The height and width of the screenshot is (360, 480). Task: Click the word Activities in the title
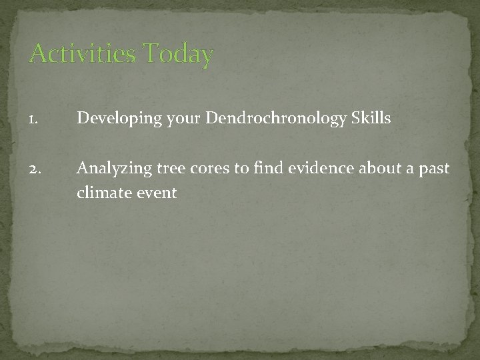click(x=83, y=53)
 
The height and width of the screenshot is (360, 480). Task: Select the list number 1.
click(x=33, y=119)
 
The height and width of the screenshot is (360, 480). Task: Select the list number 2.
click(x=34, y=169)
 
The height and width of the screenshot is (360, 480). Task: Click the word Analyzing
click(x=113, y=169)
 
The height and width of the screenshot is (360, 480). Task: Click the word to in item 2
click(x=241, y=169)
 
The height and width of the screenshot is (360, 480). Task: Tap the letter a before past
click(x=411, y=170)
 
